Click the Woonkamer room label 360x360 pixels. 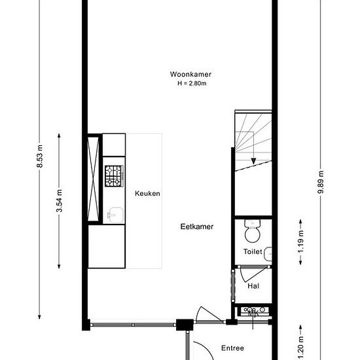pos(190,74)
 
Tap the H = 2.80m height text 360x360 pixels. pos(192,83)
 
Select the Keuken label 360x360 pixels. pos(147,193)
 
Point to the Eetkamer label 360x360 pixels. pos(197,226)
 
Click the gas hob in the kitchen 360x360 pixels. pos(114,176)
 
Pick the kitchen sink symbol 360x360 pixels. pos(115,215)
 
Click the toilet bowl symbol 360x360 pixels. pos(253,231)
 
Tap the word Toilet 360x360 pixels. pos(253,251)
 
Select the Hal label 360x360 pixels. pos(253,286)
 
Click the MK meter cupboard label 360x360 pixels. pos(254,313)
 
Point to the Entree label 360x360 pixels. pos(232,348)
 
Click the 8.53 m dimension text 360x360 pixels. pos(39,156)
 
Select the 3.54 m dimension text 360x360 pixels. pos(59,201)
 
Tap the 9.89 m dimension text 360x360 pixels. pos(321,182)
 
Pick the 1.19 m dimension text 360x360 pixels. pos(301,242)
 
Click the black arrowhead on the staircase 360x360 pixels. pos(253,161)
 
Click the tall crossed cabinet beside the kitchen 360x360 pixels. pos(93,179)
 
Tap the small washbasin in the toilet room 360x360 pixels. pos(268,254)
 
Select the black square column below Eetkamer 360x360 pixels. pos(185,325)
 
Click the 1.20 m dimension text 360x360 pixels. pos(301,348)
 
